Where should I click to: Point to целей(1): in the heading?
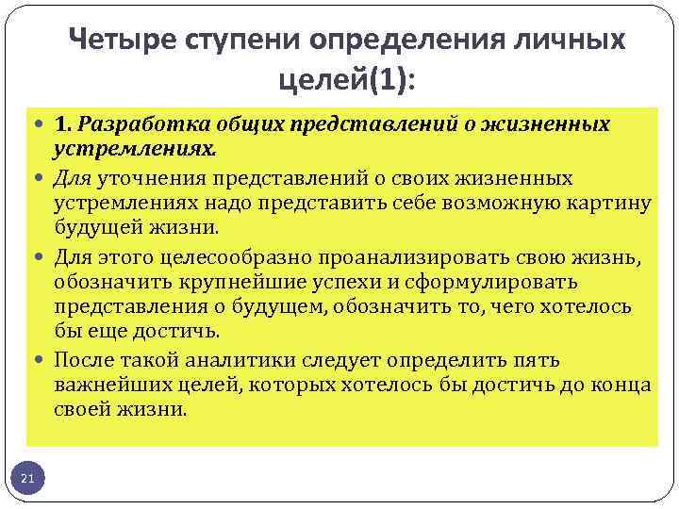point(346,81)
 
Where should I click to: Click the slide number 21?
point(27,480)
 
